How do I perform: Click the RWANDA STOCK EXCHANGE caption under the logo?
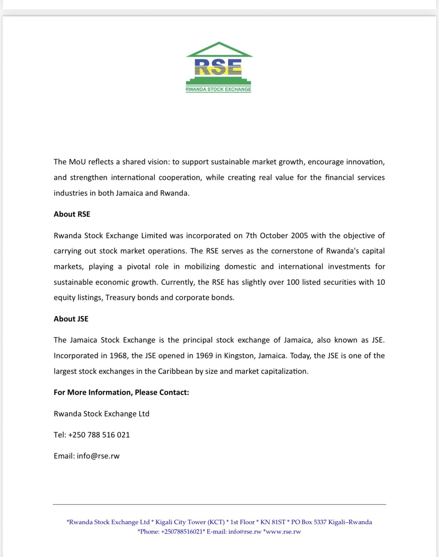tap(218, 89)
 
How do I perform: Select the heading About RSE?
tap(72, 214)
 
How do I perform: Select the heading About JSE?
tap(71, 319)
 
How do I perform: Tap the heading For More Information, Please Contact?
tap(121, 392)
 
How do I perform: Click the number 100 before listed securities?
tap(293, 282)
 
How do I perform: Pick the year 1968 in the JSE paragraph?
tap(118, 356)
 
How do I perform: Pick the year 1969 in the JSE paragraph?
tap(204, 356)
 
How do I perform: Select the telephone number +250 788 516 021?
tap(99, 435)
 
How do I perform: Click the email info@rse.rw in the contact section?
tap(98, 456)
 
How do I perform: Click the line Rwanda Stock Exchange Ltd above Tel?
tap(101, 414)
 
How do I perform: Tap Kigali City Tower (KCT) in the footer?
tap(190, 522)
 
